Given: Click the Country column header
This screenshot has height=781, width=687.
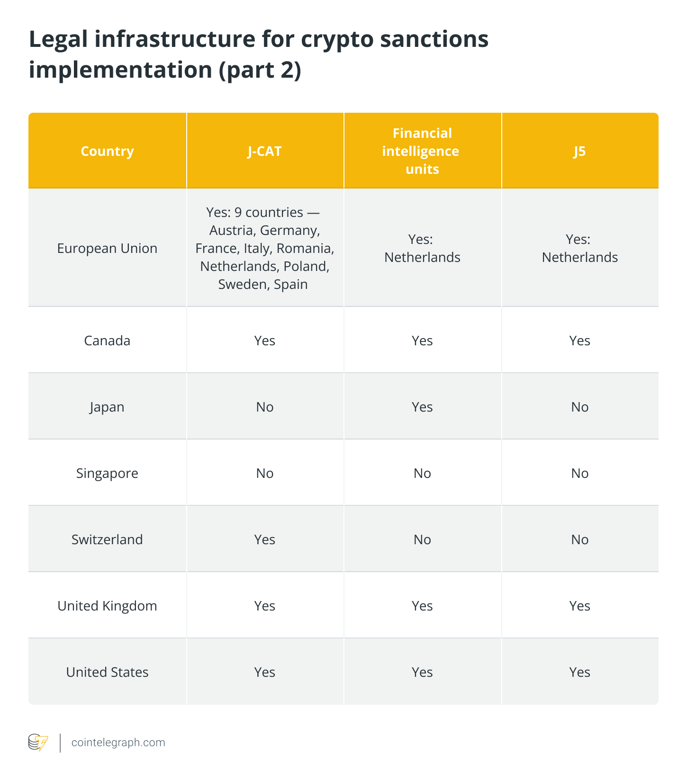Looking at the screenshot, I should pos(107,151).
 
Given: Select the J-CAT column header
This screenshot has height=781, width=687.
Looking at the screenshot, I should pos(264,151).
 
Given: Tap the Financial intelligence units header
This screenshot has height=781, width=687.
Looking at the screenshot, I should pos(422,151).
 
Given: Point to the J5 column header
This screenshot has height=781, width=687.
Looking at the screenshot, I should pos(579,151).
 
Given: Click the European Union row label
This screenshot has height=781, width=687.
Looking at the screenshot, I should pos(107,248).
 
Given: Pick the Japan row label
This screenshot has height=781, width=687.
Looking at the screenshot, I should pos(107,407).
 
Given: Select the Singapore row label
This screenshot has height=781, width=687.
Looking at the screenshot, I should pos(107,473).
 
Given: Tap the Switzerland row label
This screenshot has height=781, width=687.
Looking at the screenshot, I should pos(107,539).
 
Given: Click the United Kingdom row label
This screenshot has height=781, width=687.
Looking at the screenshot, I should pos(107,606).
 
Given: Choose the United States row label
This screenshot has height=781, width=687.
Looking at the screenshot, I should pos(107,672).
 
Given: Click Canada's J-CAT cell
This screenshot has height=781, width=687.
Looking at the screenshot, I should pos(264,341).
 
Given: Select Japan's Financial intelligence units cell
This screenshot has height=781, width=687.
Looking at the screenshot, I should pos(422,407).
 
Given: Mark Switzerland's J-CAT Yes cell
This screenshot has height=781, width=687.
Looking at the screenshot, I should pos(264,539).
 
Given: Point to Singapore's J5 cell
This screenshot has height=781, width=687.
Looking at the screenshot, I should pos(579,473).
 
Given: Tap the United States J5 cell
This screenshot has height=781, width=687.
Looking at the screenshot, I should pos(579,672).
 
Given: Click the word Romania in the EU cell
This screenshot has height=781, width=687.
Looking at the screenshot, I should pos(305,248).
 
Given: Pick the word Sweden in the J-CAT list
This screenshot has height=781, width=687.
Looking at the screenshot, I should pos(242,284).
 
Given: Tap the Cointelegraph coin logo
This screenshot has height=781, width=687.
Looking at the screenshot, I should pos(38,742).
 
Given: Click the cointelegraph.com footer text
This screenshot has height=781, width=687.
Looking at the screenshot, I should pos(118,742).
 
